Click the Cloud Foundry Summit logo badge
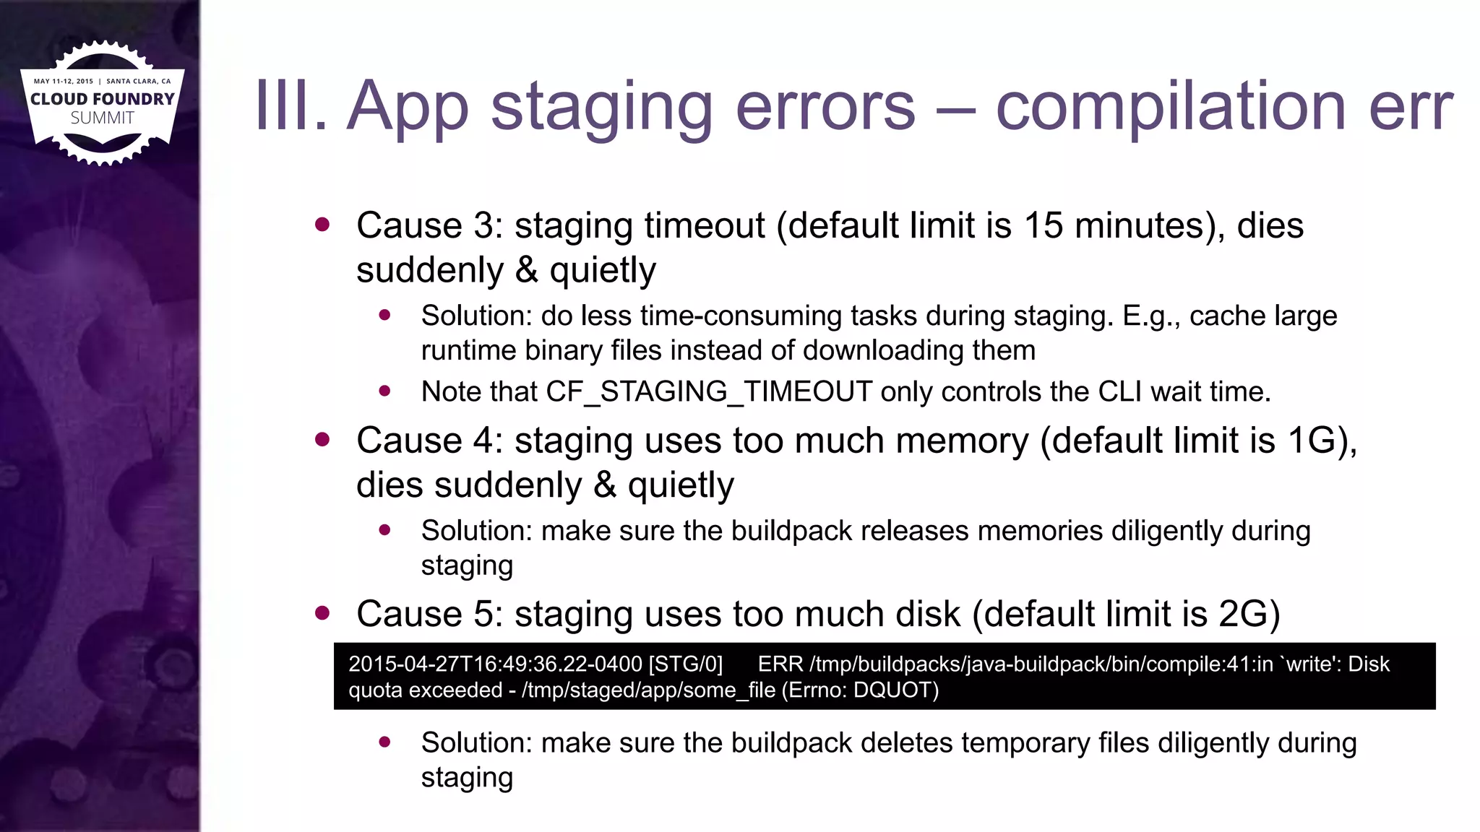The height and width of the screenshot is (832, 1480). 102,103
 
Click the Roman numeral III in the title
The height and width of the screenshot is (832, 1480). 291,107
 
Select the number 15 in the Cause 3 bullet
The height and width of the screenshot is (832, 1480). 1043,225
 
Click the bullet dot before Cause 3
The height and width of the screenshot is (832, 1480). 322,225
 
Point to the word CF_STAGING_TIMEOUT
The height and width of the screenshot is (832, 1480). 709,392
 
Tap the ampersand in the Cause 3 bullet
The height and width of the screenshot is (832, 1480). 527,271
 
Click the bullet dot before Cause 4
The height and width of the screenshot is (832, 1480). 322,439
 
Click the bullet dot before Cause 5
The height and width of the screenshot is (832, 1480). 322,613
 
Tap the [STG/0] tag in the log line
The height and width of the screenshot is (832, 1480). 686,664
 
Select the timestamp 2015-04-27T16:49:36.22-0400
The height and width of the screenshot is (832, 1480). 495,664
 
